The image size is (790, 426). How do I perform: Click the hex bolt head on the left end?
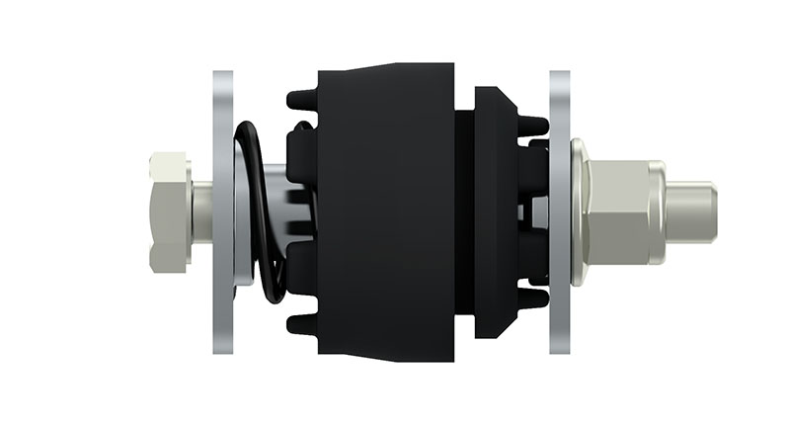click(170, 213)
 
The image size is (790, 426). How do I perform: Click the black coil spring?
click(259, 213)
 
